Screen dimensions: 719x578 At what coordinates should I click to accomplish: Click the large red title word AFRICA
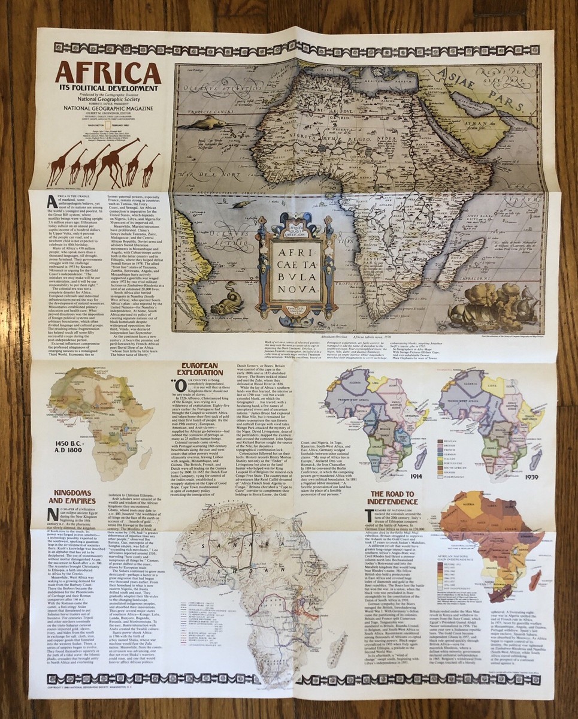(108, 73)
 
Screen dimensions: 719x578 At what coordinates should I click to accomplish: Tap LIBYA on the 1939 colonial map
(507, 379)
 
